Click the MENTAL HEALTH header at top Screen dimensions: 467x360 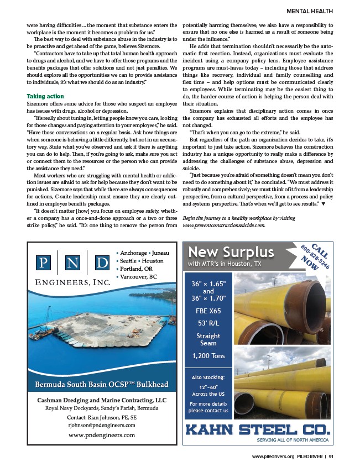pyautogui.click(x=310, y=11)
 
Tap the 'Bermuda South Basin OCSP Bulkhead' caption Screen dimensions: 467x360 pyautogui.click(x=102, y=384)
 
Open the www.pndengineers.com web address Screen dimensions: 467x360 pyautogui.click(x=102, y=435)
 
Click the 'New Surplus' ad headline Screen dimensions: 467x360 pyautogui.click(x=231, y=252)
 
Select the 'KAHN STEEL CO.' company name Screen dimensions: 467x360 pyautogui.click(x=257, y=429)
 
